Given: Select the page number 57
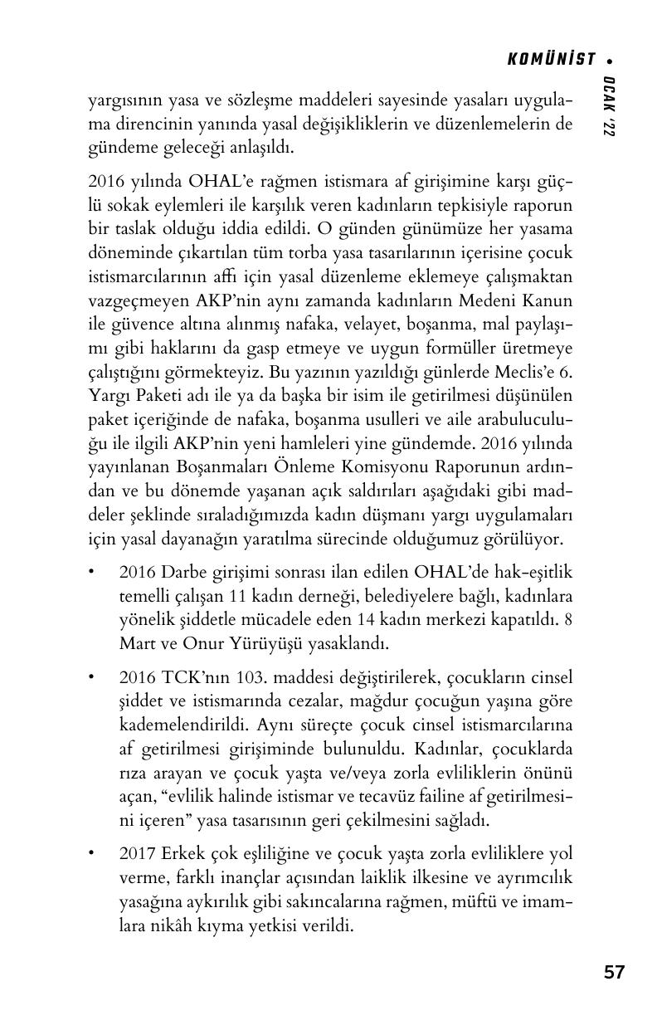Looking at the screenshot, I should pyautogui.click(x=614, y=972).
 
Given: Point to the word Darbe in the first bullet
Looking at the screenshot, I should pyautogui.click(x=184, y=573).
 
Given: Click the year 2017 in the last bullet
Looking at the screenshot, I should pyautogui.click(x=137, y=854).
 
